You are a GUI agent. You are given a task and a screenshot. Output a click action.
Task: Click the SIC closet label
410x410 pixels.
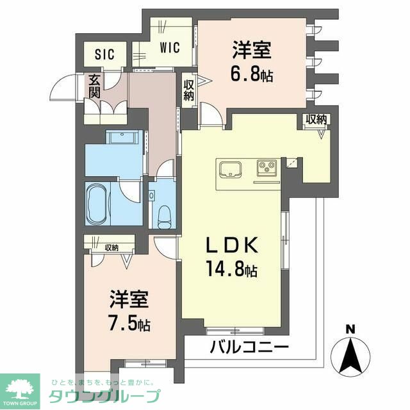click(x=104, y=54)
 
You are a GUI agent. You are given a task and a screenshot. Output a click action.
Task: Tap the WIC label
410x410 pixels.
click(x=170, y=47)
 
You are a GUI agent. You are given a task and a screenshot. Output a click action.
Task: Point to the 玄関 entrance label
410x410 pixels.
click(x=94, y=86)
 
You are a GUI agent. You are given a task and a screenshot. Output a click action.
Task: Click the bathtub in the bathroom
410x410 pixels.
click(x=97, y=204)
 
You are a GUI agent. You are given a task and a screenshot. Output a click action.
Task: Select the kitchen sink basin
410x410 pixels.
click(x=230, y=169)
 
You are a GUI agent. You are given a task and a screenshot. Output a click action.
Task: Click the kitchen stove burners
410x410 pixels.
click(x=266, y=166)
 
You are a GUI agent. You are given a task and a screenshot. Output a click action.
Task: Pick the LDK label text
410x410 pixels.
click(x=232, y=245)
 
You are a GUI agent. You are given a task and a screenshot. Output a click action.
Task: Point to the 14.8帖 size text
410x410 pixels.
click(x=232, y=269)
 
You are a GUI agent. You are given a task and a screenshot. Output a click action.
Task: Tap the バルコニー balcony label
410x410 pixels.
click(x=250, y=347)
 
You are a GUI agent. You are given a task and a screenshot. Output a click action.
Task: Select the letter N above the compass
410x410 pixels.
click(x=350, y=329)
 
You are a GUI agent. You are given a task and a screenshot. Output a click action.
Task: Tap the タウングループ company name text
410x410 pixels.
click(x=104, y=397)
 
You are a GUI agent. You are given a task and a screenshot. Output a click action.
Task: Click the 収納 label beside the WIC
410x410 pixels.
click(x=188, y=90)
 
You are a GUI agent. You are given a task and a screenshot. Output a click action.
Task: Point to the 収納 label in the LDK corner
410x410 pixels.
click(x=316, y=120)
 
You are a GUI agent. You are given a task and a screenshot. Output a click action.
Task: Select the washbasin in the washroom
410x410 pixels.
click(x=122, y=136)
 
